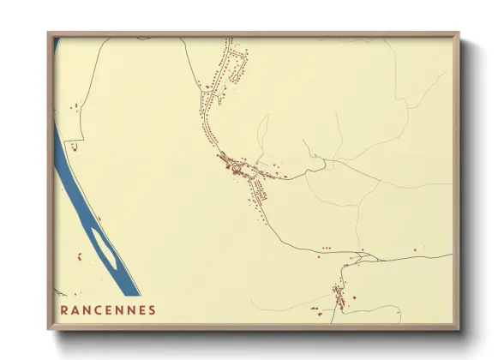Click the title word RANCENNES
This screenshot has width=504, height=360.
click(x=109, y=309)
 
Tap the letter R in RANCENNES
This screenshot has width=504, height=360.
click(x=64, y=309)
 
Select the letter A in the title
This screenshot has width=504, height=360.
click(x=76, y=309)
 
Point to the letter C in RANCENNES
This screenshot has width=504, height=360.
click(x=100, y=309)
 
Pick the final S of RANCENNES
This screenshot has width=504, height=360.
click(x=153, y=309)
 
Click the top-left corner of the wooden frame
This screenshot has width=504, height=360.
click(x=48, y=33)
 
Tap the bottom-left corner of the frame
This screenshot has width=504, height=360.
click(x=48, y=329)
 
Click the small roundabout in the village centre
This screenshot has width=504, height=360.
click(x=242, y=165)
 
